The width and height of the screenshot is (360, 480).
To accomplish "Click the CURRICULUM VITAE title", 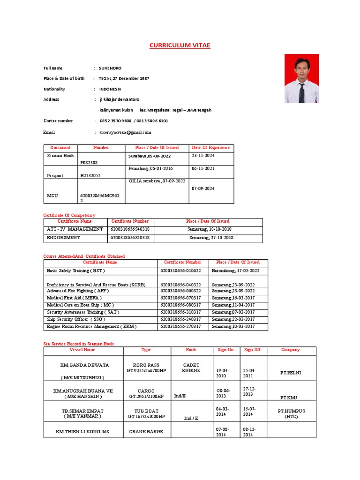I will click(x=180, y=45).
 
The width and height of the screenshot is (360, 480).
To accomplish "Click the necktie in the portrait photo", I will click(x=301, y=92).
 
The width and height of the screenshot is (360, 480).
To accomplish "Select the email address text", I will click(x=125, y=132).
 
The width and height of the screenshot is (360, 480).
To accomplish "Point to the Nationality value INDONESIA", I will click(x=110, y=89).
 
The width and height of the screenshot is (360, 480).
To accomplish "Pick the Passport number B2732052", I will click(x=90, y=175).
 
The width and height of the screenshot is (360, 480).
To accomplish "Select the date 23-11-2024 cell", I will click(x=202, y=155).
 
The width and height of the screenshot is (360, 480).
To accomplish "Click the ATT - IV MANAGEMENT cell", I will click(x=75, y=229).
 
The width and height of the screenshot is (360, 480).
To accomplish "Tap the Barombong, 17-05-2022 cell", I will click(x=235, y=270).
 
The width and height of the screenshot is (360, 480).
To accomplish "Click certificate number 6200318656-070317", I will click(x=180, y=298).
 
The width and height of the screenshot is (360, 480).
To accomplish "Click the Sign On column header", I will click(x=225, y=350).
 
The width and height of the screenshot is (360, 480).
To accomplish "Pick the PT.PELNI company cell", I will click(x=291, y=373).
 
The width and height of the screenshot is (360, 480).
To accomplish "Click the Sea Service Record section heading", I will click(x=78, y=344).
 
